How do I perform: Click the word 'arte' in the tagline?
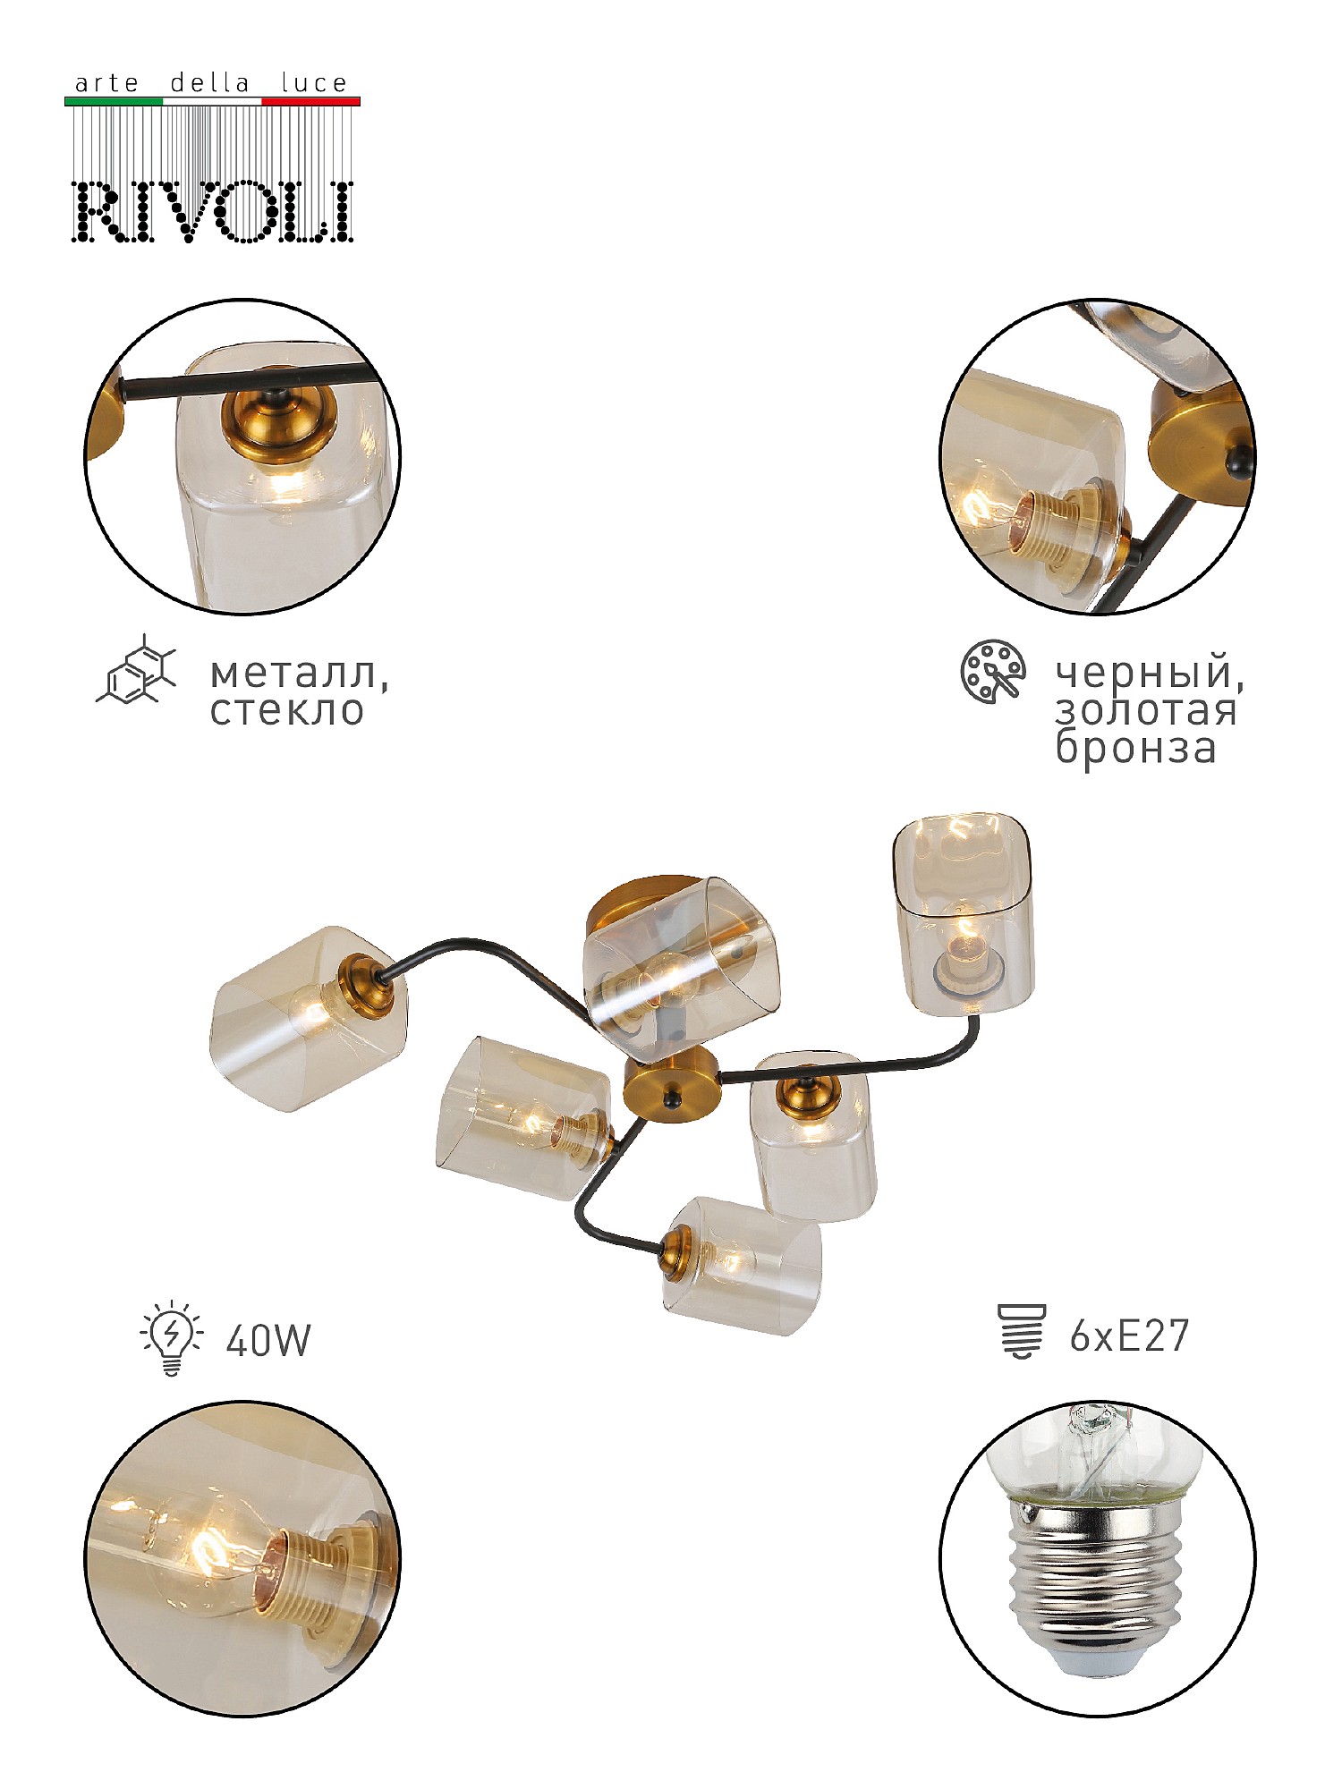106,84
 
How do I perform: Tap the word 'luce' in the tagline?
314,83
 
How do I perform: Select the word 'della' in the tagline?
209,83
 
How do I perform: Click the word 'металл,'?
300,674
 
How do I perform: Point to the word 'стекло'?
287,710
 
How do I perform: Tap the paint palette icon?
992,672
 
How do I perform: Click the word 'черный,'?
1150,674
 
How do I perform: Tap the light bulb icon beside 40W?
171,1340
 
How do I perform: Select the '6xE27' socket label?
1129,1336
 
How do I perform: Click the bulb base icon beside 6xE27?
1021,1332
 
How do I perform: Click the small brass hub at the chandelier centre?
671,1087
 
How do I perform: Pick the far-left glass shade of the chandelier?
309,1018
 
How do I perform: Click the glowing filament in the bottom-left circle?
208,1554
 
